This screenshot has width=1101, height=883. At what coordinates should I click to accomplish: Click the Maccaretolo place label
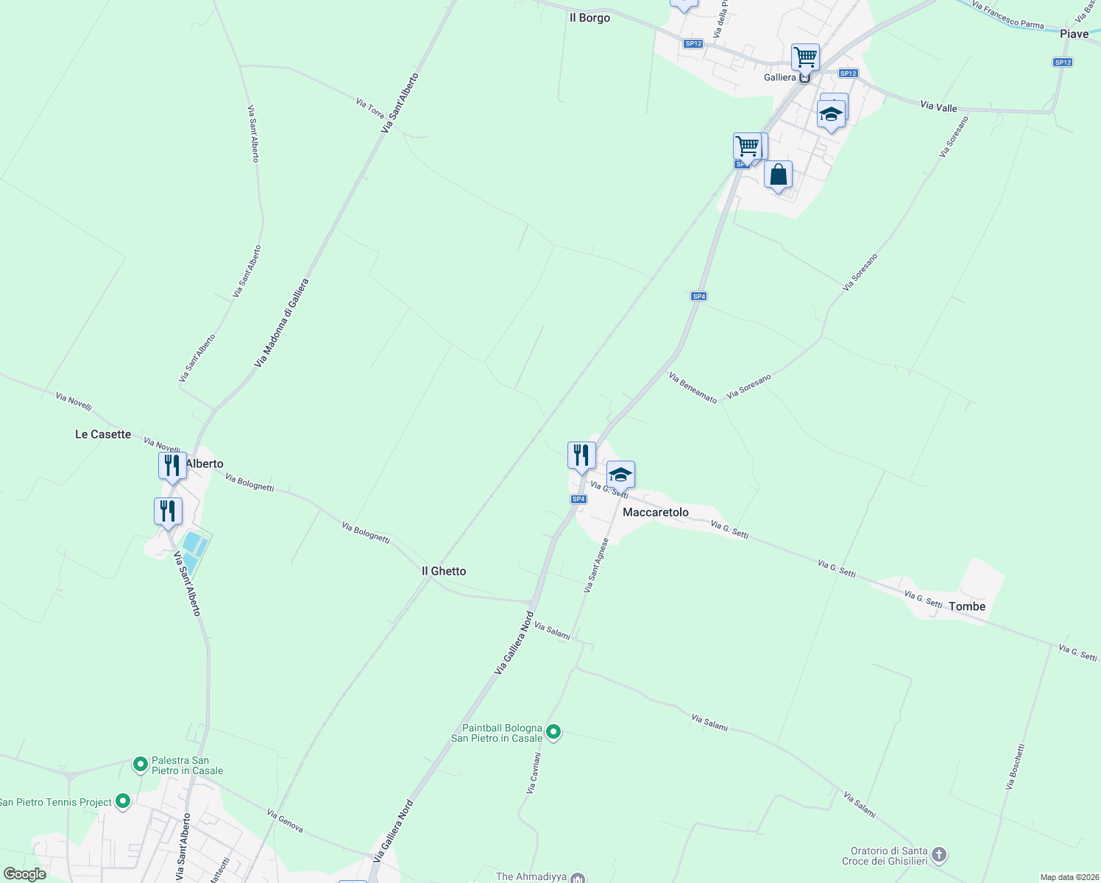(x=655, y=512)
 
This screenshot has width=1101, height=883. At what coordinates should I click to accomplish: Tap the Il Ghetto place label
(x=443, y=571)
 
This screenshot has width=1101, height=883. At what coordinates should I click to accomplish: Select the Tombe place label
(x=966, y=606)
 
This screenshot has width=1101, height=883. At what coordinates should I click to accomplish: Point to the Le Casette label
(x=103, y=434)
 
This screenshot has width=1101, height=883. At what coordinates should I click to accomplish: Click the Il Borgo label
(x=590, y=18)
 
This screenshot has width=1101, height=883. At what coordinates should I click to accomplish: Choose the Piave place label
(x=1074, y=34)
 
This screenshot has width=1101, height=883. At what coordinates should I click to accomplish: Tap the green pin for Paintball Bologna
(x=554, y=731)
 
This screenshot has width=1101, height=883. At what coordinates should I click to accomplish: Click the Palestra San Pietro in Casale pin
(x=140, y=765)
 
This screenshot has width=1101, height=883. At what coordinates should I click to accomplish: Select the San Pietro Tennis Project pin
(x=123, y=801)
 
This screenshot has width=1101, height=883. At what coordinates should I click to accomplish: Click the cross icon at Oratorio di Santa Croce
(x=938, y=854)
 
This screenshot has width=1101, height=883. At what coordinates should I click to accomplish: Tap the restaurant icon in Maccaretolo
(x=581, y=455)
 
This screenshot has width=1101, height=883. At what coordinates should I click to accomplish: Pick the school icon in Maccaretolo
(x=620, y=475)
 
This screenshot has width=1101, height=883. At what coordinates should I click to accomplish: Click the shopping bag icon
(x=778, y=175)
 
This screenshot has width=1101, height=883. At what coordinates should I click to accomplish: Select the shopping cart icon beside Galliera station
(x=805, y=57)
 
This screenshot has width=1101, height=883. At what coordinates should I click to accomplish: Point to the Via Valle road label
(x=938, y=107)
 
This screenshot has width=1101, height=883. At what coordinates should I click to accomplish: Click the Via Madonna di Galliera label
(x=281, y=323)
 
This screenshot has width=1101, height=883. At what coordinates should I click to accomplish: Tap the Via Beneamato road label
(x=693, y=388)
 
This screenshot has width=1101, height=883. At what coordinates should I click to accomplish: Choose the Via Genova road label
(x=285, y=821)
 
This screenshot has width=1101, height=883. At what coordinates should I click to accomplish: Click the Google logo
(x=25, y=874)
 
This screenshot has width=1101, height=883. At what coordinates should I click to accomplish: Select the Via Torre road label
(x=370, y=108)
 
